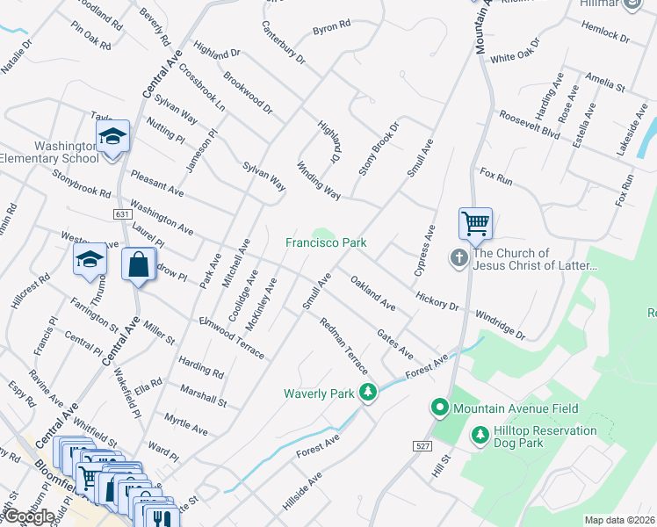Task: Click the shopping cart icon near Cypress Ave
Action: point(475,223)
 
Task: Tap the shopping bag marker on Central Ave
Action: point(140,264)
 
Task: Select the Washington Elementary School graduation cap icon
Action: point(112,136)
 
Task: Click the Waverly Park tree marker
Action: point(370,393)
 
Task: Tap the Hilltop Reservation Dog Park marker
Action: point(480,434)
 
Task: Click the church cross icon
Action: point(458,258)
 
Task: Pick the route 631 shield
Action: point(123,213)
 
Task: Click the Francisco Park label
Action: point(325,242)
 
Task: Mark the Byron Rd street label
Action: point(331,30)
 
